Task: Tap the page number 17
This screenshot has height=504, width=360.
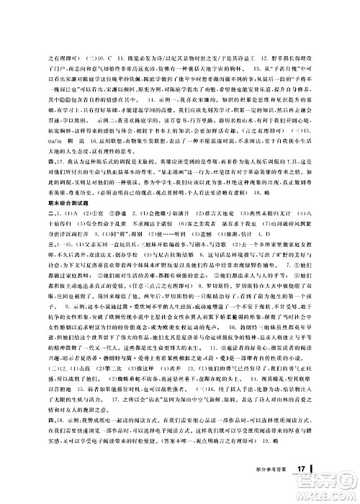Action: [x=303, y=490]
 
